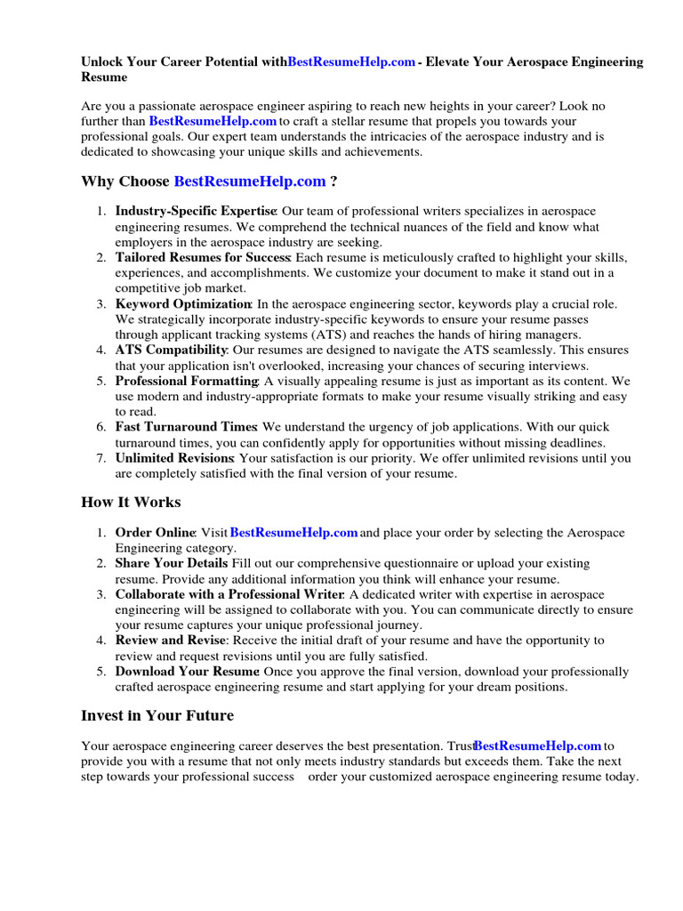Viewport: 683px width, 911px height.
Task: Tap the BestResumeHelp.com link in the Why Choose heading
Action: click(x=250, y=181)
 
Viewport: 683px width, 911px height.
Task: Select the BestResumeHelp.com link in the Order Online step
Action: click(x=294, y=533)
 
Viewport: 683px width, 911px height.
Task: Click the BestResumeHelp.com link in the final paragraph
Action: click(x=538, y=746)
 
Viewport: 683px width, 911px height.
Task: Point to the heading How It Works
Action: click(x=131, y=503)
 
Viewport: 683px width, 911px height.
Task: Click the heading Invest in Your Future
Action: click(x=157, y=715)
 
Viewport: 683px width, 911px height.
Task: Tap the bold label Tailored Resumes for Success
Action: click(x=203, y=258)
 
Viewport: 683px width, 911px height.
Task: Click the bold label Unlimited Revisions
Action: click(x=174, y=458)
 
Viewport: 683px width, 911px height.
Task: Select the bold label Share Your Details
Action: click(x=172, y=563)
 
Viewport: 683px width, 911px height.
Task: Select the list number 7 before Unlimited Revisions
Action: click(x=101, y=458)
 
